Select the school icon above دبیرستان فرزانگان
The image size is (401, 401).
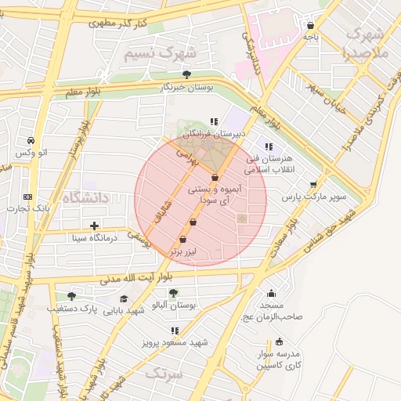click(x=214, y=121)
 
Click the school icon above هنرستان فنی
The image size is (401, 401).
click(x=269, y=146)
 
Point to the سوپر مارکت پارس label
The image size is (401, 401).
click(x=314, y=196)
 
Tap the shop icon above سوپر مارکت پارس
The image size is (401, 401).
click(x=314, y=185)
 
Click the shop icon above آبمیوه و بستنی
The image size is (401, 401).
click(x=215, y=178)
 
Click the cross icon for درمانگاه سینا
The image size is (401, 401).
click(x=94, y=226)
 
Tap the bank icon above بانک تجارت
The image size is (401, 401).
click(x=28, y=197)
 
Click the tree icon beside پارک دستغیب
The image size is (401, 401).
click(x=71, y=296)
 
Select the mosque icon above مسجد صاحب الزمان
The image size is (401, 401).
click(x=272, y=292)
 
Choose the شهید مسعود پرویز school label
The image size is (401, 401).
click(x=174, y=342)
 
